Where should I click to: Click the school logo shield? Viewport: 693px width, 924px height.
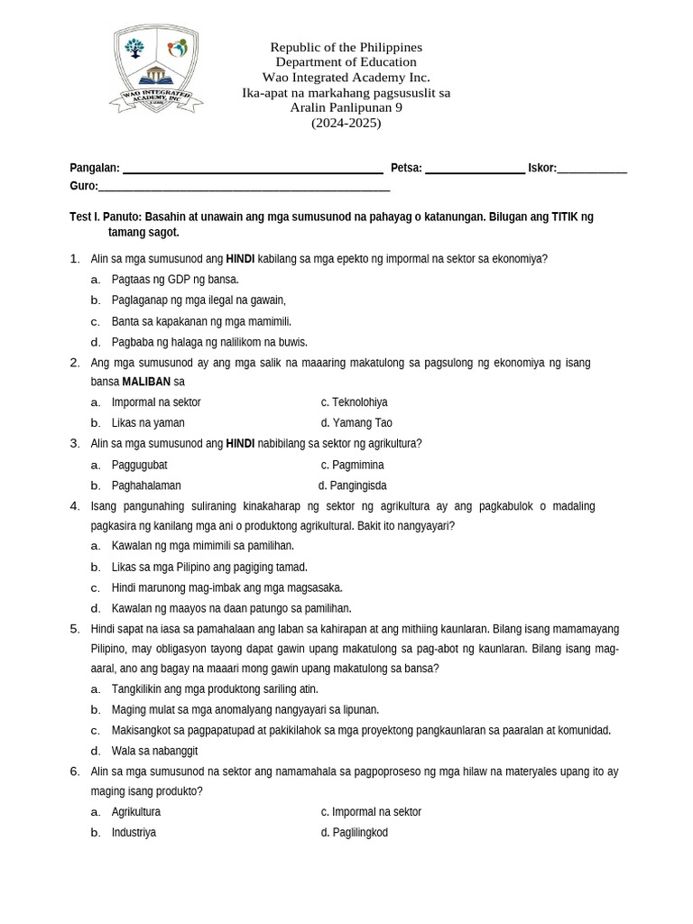click(157, 69)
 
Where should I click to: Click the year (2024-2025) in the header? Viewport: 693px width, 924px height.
click(346, 123)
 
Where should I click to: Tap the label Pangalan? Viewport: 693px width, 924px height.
click(95, 168)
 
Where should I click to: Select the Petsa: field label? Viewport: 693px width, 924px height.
click(406, 168)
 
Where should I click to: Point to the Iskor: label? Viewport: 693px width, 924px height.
click(542, 168)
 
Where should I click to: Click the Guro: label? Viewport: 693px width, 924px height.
click(83, 186)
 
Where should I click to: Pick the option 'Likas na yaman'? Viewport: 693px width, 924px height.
click(148, 423)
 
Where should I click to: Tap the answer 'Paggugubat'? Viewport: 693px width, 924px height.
click(139, 466)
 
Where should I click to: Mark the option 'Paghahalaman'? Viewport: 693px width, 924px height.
click(146, 485)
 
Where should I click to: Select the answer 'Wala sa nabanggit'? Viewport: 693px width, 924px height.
click(154, 751)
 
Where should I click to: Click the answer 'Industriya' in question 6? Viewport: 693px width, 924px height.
click(134, 833)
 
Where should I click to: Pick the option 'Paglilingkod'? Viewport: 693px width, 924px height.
click(359, 833)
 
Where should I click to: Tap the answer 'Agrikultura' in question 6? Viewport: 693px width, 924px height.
click(135, 812)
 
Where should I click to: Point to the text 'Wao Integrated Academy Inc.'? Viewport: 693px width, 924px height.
click(346, 77)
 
